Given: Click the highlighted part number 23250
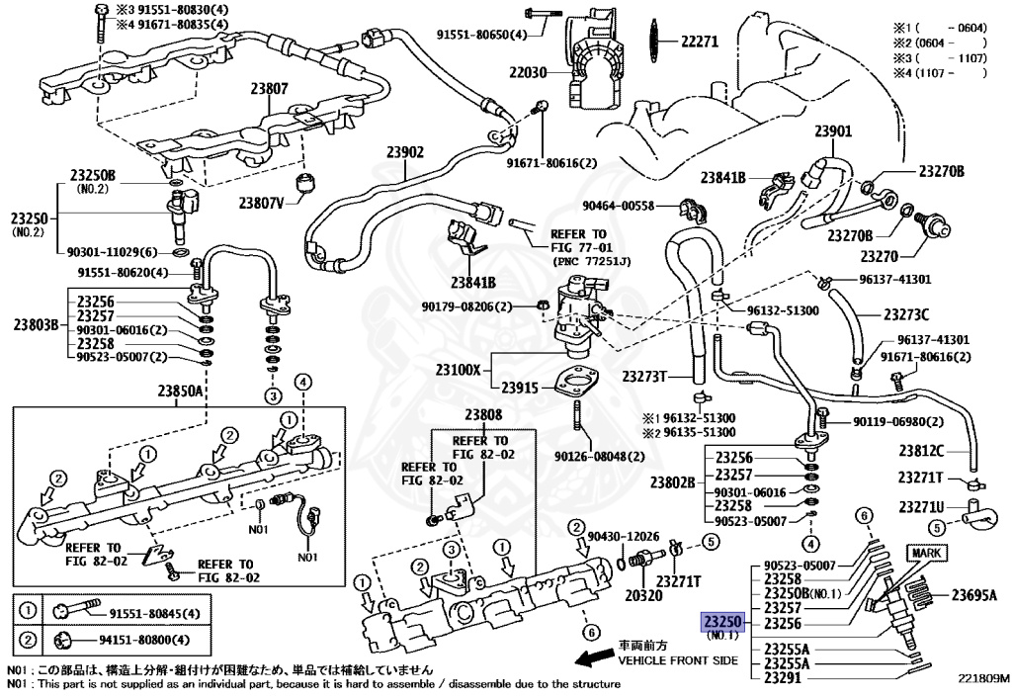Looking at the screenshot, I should coord(721,623).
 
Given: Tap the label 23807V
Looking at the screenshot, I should coord(261,203).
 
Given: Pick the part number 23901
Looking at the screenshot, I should coord(832,131).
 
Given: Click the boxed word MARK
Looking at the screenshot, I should coord(926,552).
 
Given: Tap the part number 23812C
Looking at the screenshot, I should coord(921,451).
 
